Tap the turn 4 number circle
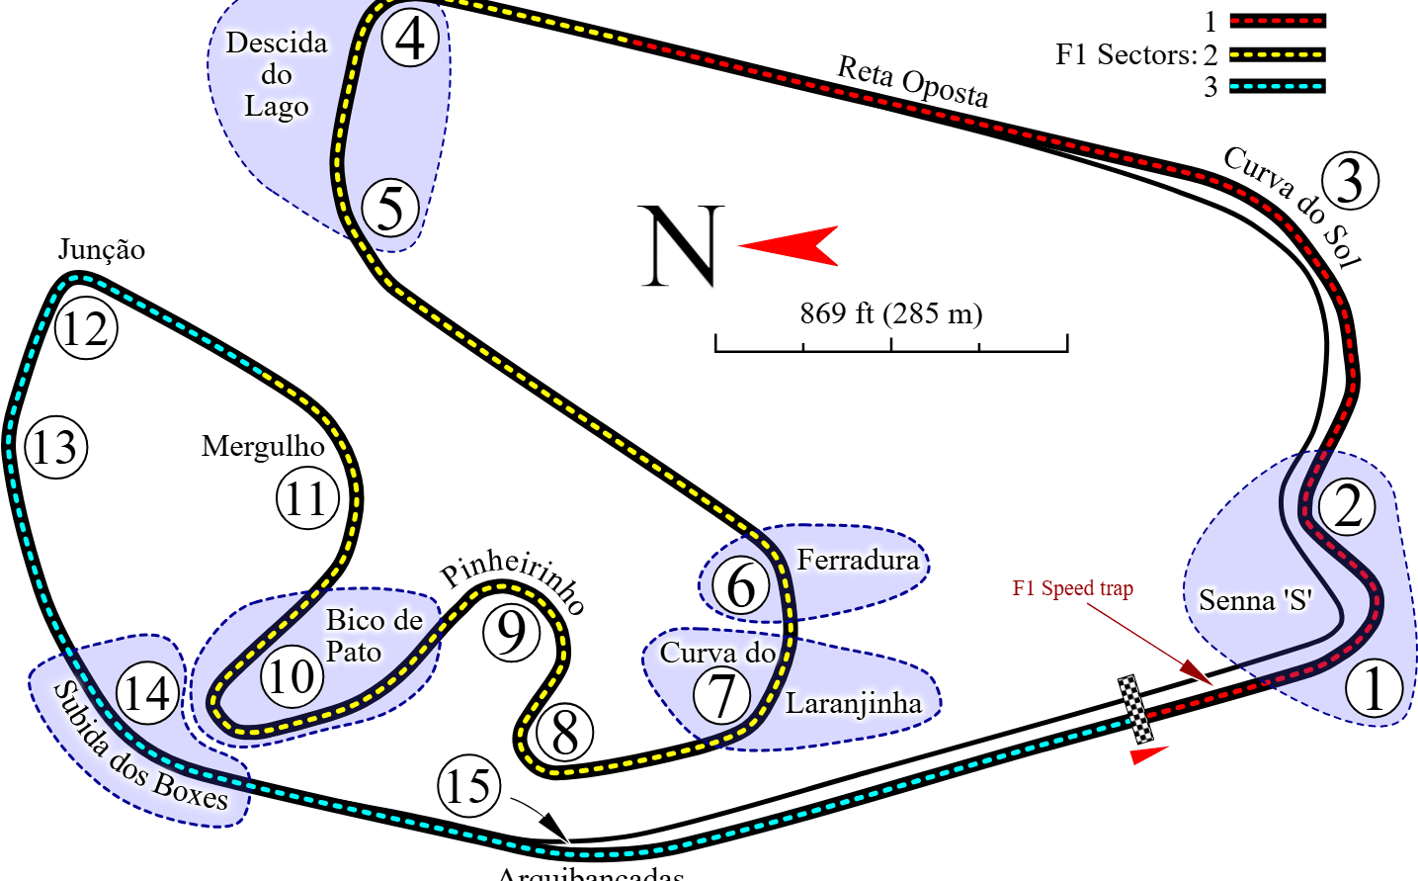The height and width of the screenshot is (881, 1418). point(410,39)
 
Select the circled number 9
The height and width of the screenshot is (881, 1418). point(511,632)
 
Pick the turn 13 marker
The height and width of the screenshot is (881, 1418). point(55,447)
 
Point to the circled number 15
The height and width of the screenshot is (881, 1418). point(468,786)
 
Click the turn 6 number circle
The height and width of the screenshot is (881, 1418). point(740,585)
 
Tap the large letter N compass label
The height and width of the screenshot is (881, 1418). point(681,246)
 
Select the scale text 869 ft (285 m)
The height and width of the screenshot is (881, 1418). point(890,313)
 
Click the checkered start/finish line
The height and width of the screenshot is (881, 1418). point(1135,709)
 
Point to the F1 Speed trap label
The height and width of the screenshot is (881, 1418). point(1072,589)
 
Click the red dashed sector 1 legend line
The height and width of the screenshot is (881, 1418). point(1277,21)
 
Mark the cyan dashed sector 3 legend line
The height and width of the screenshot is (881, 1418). point(1277,86)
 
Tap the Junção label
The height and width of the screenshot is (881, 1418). point(101,249)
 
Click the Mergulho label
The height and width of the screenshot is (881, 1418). point(263,446)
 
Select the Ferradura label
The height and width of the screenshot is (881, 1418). point(858,561)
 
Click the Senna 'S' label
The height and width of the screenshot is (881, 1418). point(1255,600)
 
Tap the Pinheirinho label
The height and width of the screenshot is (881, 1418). point(515,580)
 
